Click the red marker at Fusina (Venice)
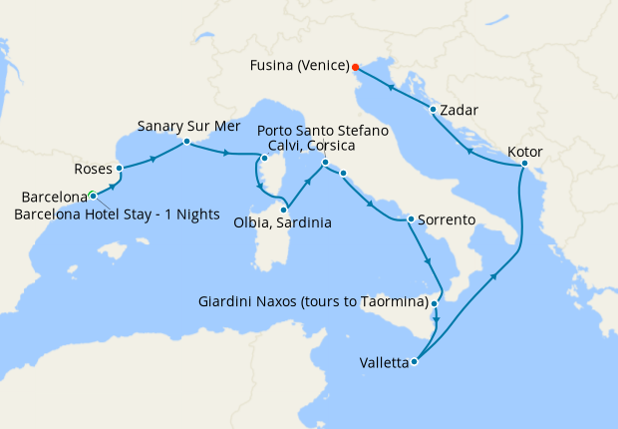(x=356, y=68)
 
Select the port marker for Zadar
(x=433, y=110)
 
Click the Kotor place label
(x=525, y=151)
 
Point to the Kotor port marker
(x=524, y=164)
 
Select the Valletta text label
(x=384, y=363)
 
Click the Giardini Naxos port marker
(x=435, y=301)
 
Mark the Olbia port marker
(x=284, y=210)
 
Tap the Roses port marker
(x=119, y=168)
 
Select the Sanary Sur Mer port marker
(x=186, y=142)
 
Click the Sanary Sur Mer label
(x=185, y=127)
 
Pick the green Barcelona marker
(x=91, y=195)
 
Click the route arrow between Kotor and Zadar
(x=469, y=151)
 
